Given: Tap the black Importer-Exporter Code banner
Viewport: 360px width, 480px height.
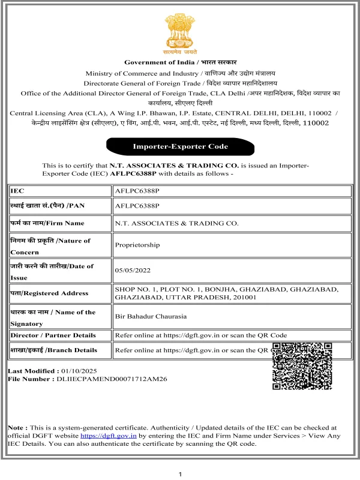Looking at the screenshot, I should point(180,146).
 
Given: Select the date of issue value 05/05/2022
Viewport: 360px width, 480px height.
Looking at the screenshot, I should point(131,271).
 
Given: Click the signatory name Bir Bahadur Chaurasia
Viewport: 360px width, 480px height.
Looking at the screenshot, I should point(151,316).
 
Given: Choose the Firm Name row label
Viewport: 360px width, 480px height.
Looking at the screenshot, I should point(47,223).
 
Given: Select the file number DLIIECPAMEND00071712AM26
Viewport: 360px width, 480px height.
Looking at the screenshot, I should point(111,379).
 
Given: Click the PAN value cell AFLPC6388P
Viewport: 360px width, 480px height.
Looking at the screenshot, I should point(137,206).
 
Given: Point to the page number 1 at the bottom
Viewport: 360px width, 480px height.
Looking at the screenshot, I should point(181,475).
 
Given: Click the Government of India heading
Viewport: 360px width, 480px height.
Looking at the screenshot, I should point(181,62).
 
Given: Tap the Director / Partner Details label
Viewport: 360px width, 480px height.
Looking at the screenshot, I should point(53,335).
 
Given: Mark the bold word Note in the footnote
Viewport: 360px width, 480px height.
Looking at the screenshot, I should point(16,427).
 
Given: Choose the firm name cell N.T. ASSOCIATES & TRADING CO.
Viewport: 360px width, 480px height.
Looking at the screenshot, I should point(176,223).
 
